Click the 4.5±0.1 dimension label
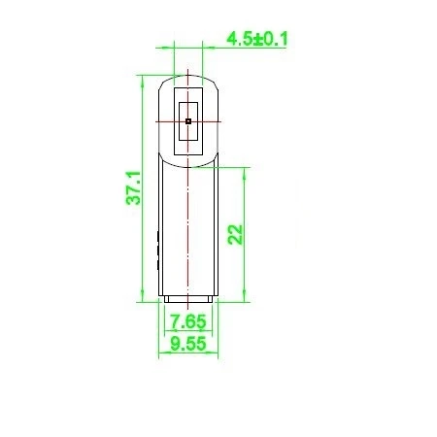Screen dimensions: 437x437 (257, 39)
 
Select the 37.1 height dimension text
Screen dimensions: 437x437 (134, 187)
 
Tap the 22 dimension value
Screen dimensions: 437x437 (235, 234)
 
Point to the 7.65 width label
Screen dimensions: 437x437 (188, 321)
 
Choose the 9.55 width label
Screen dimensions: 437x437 (188, 344)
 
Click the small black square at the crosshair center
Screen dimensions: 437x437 (188, 121)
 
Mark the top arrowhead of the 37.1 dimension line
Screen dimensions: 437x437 (142, 81)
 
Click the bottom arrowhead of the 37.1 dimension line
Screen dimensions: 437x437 (142, 296)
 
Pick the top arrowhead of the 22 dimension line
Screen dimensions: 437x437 (245, 173)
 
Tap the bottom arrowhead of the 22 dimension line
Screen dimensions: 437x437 (245, 296)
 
